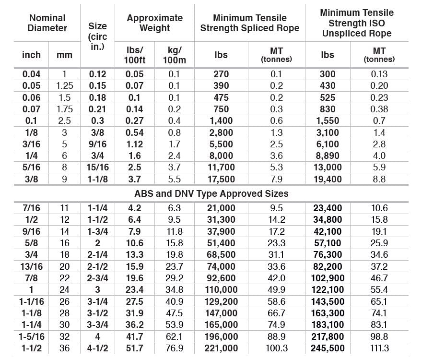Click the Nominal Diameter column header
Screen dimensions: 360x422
pyautogui.click(x=47, y=23)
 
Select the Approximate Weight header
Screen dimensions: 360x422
pyautogui.click(x=154, y=23)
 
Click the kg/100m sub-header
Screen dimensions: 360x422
pyautogui.click(x=175, y=55)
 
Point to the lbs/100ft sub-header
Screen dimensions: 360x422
pyautogui.click(x=134, y=55)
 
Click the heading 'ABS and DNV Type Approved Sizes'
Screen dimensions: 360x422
pyautogui.click(x=211, y=194)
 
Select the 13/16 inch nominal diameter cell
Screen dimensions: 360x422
pyautogui.click(x=32, y=266)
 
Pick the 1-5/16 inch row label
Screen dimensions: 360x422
pyautogui.click(x=32, y=336)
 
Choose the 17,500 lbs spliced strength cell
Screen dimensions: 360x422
pyautogui.click(x=221, y=179)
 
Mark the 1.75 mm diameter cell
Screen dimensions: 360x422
pyautogui.click(x=64, y=109)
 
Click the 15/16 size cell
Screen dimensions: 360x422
pyautogui.click(x=98, y=167)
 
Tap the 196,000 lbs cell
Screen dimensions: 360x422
pyautogui.click(x=221, y=336)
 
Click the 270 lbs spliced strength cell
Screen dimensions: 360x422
pyautogui.click(x=221, y=74)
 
